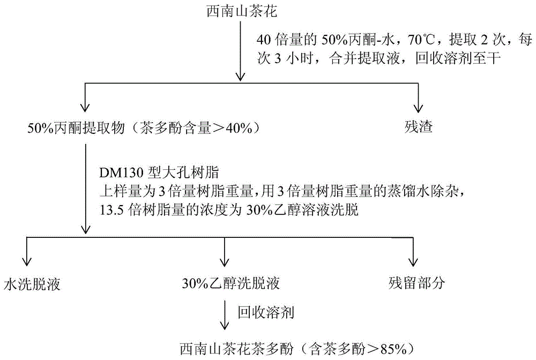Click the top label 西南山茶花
(242, 11)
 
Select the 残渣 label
(419, 127)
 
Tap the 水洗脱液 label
(32, 284)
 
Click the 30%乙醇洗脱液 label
(230, 283)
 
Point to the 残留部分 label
(416, 283)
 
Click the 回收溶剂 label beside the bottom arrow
(266, 312)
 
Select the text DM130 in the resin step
(121, 173)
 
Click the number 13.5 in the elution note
(111, 209)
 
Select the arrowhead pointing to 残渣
(418, 109)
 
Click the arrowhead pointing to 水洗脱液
(26, 261)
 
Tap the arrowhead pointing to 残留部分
(413, 261)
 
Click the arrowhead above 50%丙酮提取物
(85, 107)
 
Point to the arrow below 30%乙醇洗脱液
(225, 315)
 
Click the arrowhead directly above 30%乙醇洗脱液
(224, 261)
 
